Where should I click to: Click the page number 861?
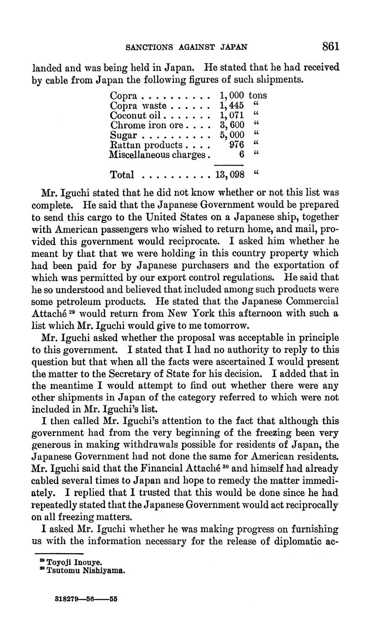(x=330, y=46)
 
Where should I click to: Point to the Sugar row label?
(x=123, y=135)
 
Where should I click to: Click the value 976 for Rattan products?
(x=236, y=145)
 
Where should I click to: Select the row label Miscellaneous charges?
(x=159, y=155)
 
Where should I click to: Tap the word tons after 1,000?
(x=258, y=96)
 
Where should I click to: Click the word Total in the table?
(x=122, y=175)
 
